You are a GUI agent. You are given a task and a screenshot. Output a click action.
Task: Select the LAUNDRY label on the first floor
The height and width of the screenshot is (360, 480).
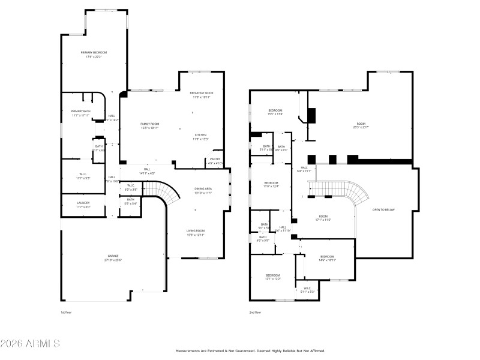click(x=83, y=203)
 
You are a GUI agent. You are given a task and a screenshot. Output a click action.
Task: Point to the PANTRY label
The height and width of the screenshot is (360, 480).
click(x=215, y=159)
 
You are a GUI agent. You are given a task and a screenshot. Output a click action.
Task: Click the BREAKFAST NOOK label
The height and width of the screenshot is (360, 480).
click(x=201, y=93)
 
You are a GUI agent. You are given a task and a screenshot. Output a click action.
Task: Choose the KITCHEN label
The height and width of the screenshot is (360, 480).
click(x=200, y=135)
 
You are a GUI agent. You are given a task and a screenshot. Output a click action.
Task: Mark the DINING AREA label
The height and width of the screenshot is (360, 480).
click(x=203, y=189)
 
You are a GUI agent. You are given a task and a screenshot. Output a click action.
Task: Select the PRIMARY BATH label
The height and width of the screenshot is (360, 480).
click(x=80, y=111)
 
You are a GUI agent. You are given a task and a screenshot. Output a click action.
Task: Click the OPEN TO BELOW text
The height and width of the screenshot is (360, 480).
click(x=383, y=209)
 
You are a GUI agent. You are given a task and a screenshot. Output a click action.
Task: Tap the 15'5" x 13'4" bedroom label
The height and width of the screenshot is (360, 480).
click(x=275, y=112)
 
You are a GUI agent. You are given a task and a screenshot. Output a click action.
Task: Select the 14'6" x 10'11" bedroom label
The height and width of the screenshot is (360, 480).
click(x=327, y=257)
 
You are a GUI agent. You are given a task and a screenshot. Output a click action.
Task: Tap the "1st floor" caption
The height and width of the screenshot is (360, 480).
click(x=66, y=312)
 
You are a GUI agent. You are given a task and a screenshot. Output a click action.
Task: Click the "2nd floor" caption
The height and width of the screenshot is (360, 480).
click(x=256, y=312)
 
